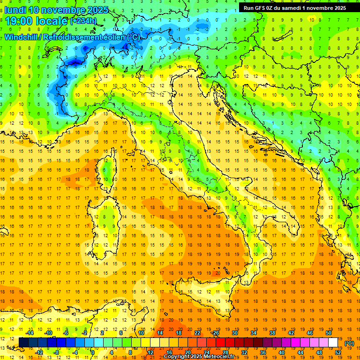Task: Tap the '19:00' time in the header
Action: click(19, 21)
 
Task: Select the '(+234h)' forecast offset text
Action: click(83, 21)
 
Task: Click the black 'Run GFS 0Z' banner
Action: click(295, 7)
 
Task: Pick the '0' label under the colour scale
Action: click(93, 352)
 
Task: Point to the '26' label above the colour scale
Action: click(216, 333)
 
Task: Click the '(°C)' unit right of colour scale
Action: click(349, 343)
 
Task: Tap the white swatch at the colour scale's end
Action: click(333, 342)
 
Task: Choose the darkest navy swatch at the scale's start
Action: click(23, 342)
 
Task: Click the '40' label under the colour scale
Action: click(281, 352)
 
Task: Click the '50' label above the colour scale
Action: click(328, 333)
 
